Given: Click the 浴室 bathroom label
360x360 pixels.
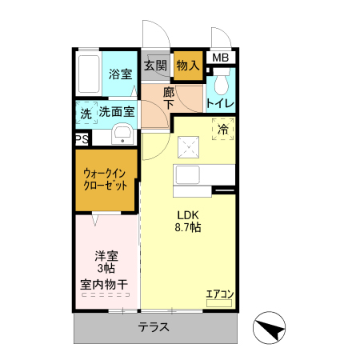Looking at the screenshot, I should [x=120, y=74].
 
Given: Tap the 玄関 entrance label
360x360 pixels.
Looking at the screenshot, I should [x=156, y=65].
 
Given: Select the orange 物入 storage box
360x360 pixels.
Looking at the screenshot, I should [x=188, y=64].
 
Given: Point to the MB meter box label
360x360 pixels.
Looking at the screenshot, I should [x=220, y=58].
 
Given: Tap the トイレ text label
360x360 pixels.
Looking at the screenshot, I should [x=220, y=103].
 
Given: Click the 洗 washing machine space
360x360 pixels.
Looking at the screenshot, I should [x=86, y=114].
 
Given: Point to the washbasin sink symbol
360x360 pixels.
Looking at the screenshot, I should [x=122, y=134].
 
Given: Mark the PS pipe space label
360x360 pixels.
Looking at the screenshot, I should [x=82, y=139].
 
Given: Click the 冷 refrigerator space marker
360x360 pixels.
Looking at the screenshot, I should [x=223, y=127].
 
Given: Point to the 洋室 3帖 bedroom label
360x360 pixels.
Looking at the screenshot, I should [x=106, y=262].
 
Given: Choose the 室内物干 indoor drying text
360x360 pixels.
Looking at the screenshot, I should [x=107, y=284].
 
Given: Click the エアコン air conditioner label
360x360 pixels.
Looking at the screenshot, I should [x=218, y=294].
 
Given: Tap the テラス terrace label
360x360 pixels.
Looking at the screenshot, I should [x=152, y=327].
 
